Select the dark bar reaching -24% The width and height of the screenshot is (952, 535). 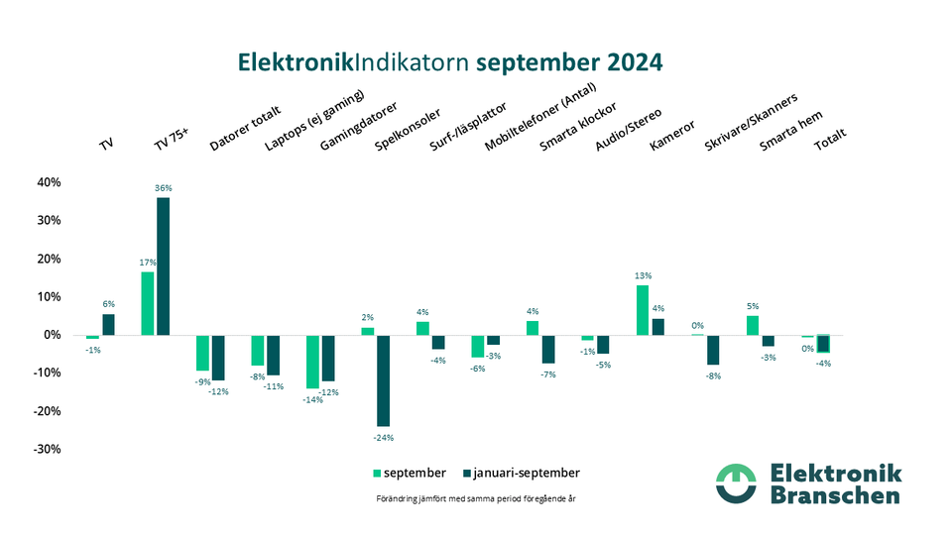pyautogui.click(x=383, y=380)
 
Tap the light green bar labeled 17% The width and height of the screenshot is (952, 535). pyautogui.click(x=148, y=302)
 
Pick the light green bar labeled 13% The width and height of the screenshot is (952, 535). pyautogui.click(x=643, y=310)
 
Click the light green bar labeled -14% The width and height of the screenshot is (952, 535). pyautogui.click(x=312, y=362)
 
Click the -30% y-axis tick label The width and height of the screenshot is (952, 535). pyautogui.click(x=48, y=449)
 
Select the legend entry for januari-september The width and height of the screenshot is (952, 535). pyautogui.click(x=526, y=473)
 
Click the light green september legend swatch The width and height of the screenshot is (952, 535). pyautogui.click(x=377, y=473)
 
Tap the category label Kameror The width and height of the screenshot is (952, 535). pyautogui.click(x=671, y=136)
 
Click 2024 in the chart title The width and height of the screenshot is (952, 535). pyautogui.click(x=625, y=61)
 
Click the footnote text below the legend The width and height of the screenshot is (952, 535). pyautogui.click(x=476, y=498)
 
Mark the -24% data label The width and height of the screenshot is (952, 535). pyautogui.click(x=383, y=436)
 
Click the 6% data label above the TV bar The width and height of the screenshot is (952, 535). pyautogui.click(x=108, y=304)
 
